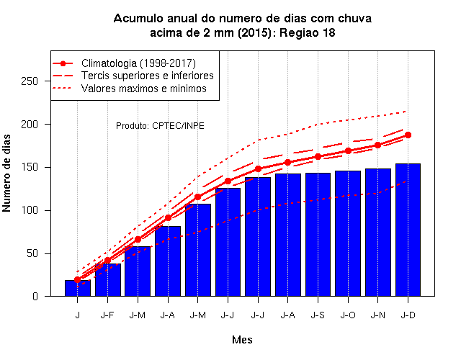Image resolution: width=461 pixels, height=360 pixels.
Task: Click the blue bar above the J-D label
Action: point(408,230)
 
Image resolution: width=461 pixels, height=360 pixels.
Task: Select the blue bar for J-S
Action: point(318,235)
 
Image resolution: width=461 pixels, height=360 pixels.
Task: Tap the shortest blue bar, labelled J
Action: point(78,288)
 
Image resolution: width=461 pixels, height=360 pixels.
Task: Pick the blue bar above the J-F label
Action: point(107,280)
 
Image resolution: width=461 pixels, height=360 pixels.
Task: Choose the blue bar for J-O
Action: point(348,233)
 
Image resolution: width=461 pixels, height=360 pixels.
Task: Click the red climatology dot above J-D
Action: point(408,135)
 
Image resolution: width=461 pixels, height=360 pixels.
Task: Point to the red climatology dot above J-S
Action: point(318,157)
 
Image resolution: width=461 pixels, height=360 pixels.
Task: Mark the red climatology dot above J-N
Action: point(377,145)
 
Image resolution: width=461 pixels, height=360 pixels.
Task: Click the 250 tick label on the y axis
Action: point(30,81)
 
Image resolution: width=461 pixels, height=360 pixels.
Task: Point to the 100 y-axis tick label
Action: point(30,210)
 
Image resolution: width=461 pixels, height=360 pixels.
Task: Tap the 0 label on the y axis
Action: point(35,296)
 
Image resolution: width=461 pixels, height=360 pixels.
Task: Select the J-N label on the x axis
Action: point(377,315)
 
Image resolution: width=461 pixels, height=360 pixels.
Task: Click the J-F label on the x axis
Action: point(107,315)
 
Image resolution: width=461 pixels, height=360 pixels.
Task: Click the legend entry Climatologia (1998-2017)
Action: point(138,63)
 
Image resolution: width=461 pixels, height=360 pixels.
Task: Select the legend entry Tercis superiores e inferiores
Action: point(147,76)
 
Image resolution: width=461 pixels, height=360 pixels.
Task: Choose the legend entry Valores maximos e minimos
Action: point(144,89)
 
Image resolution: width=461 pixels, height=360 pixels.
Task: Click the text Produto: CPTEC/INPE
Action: point(160,126)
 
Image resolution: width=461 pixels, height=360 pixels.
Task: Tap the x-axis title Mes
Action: point(242,340)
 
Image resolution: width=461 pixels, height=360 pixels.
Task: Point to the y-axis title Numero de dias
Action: point(6,174)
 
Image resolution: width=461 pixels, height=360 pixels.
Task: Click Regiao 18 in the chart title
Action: point(308,32)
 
